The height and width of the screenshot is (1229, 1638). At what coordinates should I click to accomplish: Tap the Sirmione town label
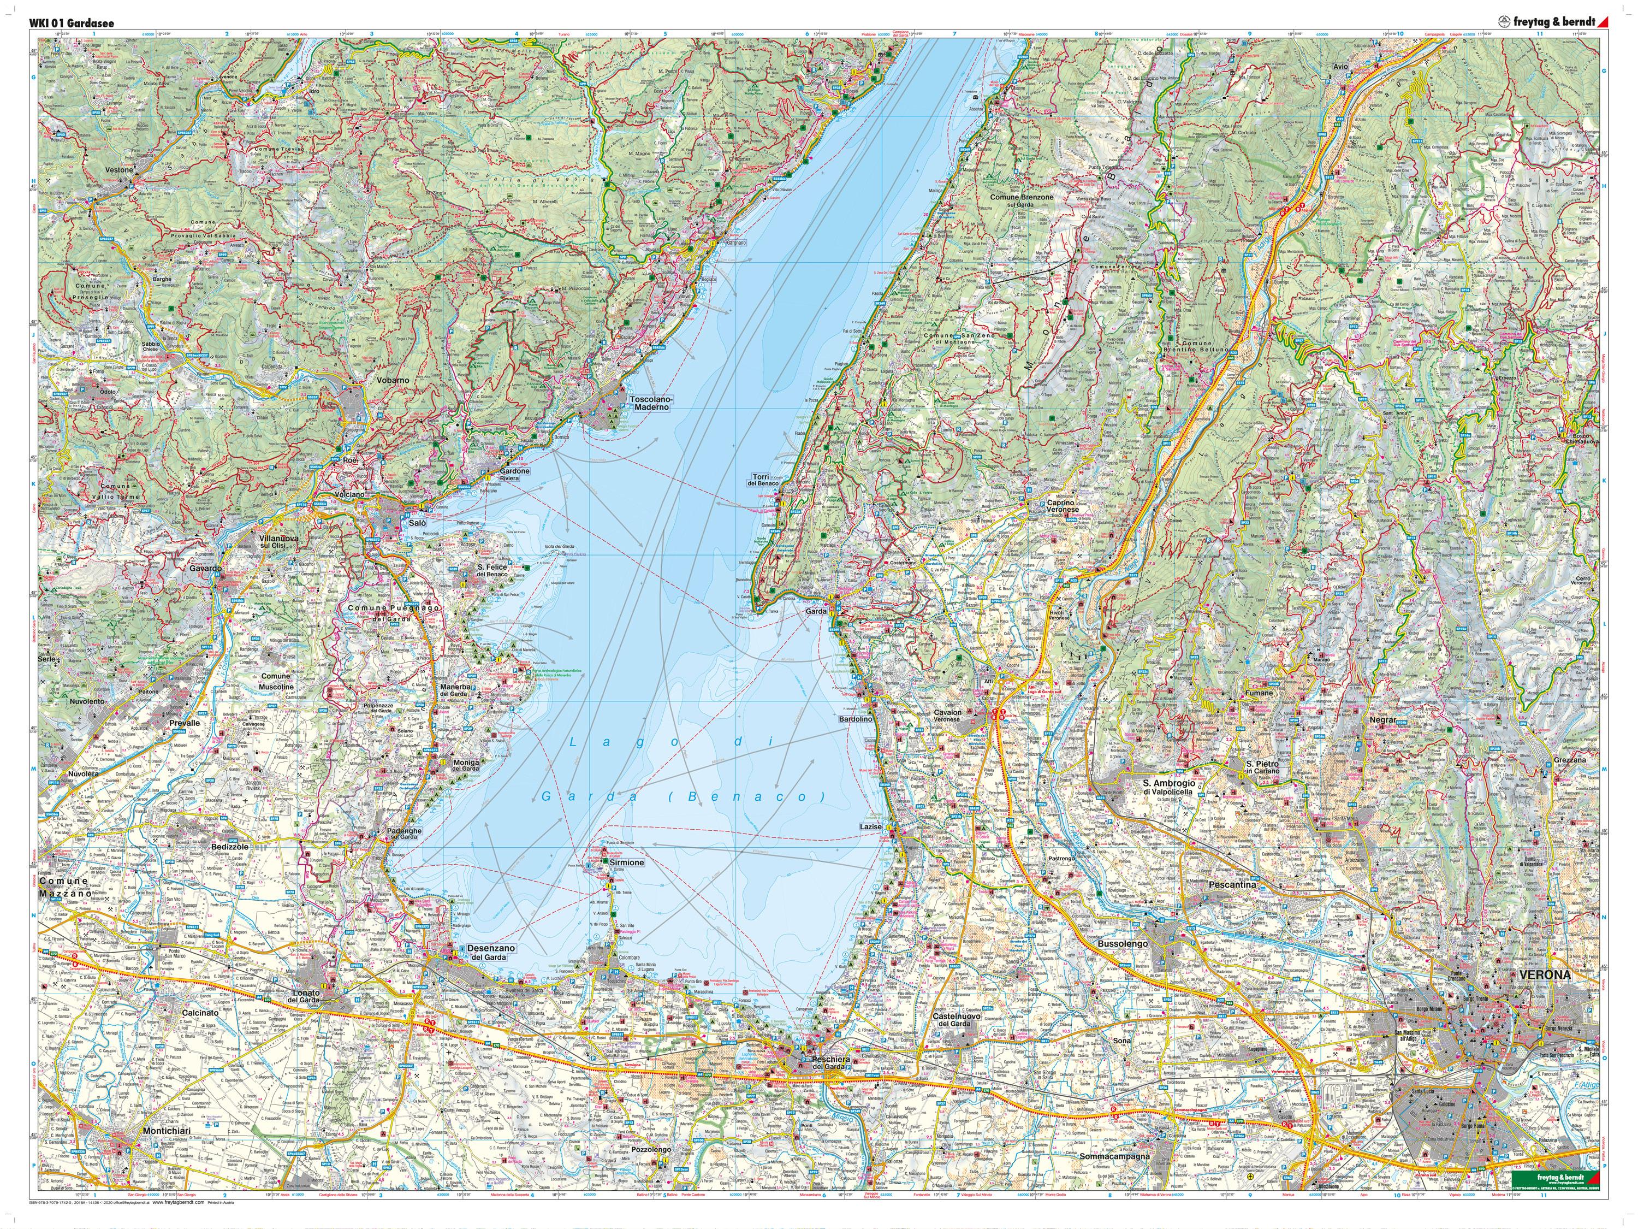tap(626, 863)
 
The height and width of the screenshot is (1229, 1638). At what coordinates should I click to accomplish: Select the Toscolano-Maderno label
tap(649, 403)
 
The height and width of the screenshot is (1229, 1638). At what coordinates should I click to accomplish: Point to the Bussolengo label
tap(1123, 944)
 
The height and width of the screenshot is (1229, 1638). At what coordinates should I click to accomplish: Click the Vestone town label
tap(118, 170)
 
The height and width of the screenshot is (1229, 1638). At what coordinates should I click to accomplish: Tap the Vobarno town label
tap(393, 380)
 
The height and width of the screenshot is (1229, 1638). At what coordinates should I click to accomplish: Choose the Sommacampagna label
tap(1115, 1156)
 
